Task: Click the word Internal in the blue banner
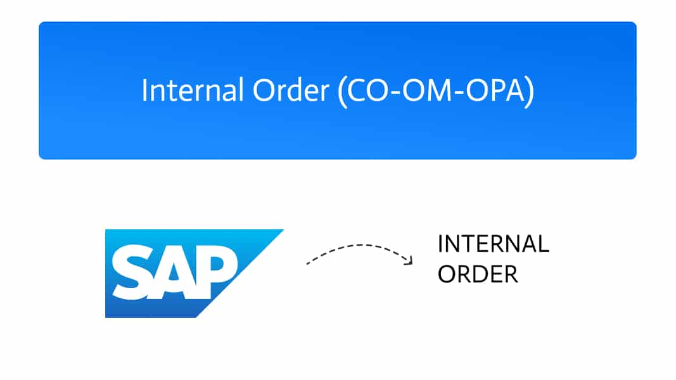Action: click(193, 90)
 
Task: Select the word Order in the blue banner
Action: click(291, 90)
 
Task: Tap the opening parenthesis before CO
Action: click(342, 92)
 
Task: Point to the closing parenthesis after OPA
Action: click(530, 92)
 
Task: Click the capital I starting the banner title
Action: click(144, 91)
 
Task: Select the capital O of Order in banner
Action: click(264, 91)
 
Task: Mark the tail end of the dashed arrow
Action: click(307, 263)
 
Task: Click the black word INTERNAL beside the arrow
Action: click(493, 244)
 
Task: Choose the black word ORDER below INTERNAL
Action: click(478, 274)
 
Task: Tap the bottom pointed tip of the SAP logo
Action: click(196, 317)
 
